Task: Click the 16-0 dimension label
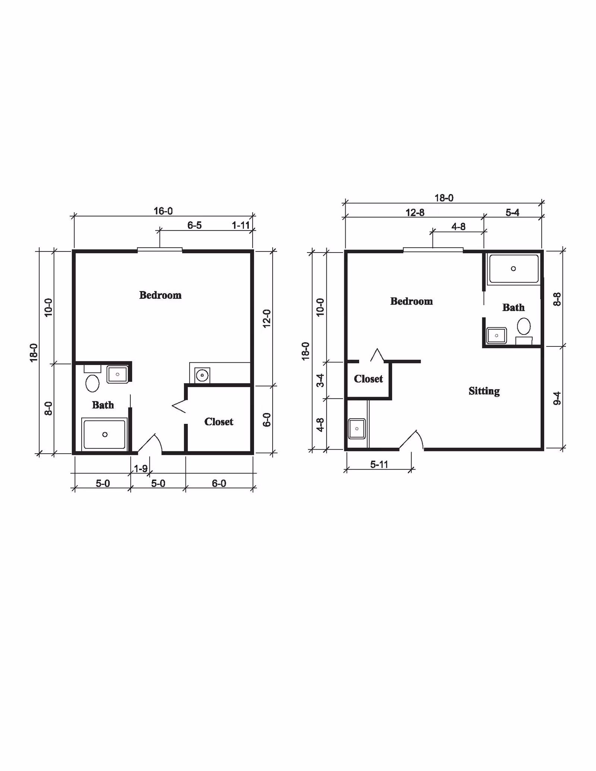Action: pyautogui.click(x=163, y=211)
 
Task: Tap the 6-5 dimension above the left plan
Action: pyautogui.click(x=194, y=225)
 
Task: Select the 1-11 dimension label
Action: pyautogui.click(x=241, y=225)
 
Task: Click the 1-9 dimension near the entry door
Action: pyautogui.click(x=141, y=469)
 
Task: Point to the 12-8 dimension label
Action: pyautogui.click(x=415, y=213)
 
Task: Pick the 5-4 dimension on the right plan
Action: pyautogui.click(x=512, y=213)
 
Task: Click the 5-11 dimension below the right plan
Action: pyautogui.click(x=379, y=464)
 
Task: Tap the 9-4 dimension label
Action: pyautogui.click(x=557, y=398)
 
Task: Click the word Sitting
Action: pyautogui.click(x=484, y=391)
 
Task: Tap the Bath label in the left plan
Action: pyautogui.click(x=103, y=405)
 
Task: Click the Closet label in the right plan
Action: pyautogui.click(x=368, y=379)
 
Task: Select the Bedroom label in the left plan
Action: pyautogui.click(x=160, y=295)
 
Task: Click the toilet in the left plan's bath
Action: pyautogui.click(x=92, y=383)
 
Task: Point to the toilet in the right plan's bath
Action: pyautogui.click(x=524, y=326)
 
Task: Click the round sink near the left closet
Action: pyautogui.click(x=202, y=375)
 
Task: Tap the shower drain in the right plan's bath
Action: pyautogui.click(x=513, y=269)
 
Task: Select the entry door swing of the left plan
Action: pyautogui.click(x=151, y=444)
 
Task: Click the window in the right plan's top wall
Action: pyautogui.click(x=433, y=250)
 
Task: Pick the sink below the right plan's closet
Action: pyautogui.click(x=356, y=429)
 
